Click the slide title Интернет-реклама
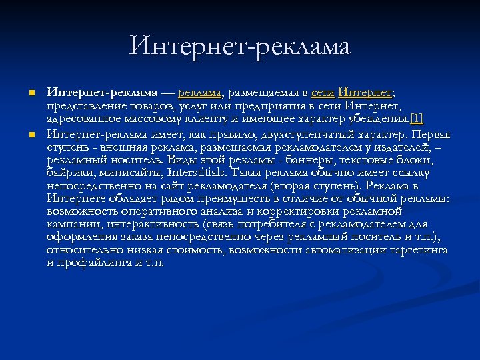click(x=240, y=46)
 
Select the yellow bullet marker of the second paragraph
click(x=31, y=135)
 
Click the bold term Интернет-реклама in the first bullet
click(x=102, y=92)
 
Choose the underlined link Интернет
click(x=365, y=92)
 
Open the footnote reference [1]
click(x=417, y=119)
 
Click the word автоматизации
click(x=342, y=249)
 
